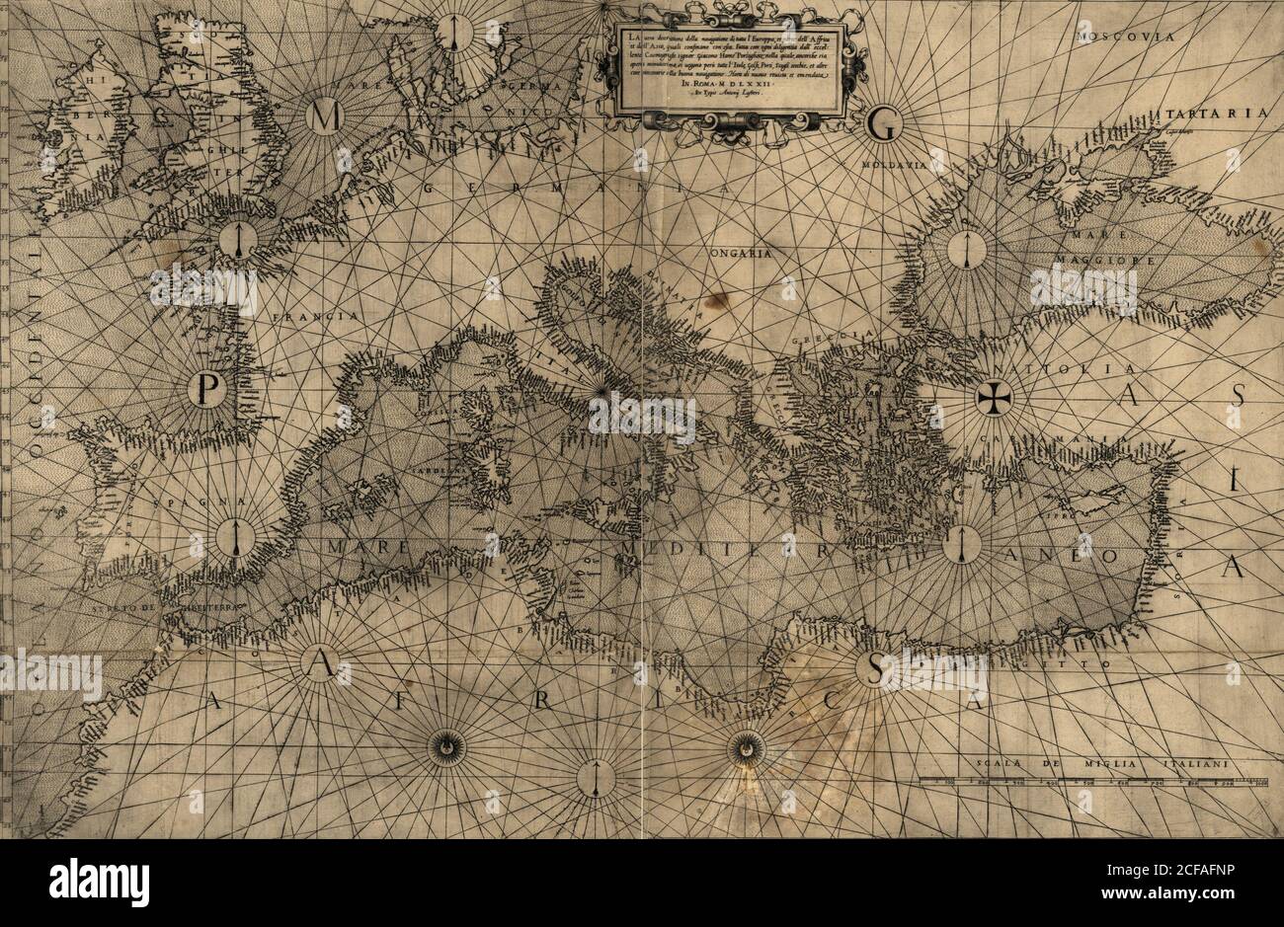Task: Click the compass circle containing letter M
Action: [x=321, y=116]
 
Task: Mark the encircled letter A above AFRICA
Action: [x=318, y=668]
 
